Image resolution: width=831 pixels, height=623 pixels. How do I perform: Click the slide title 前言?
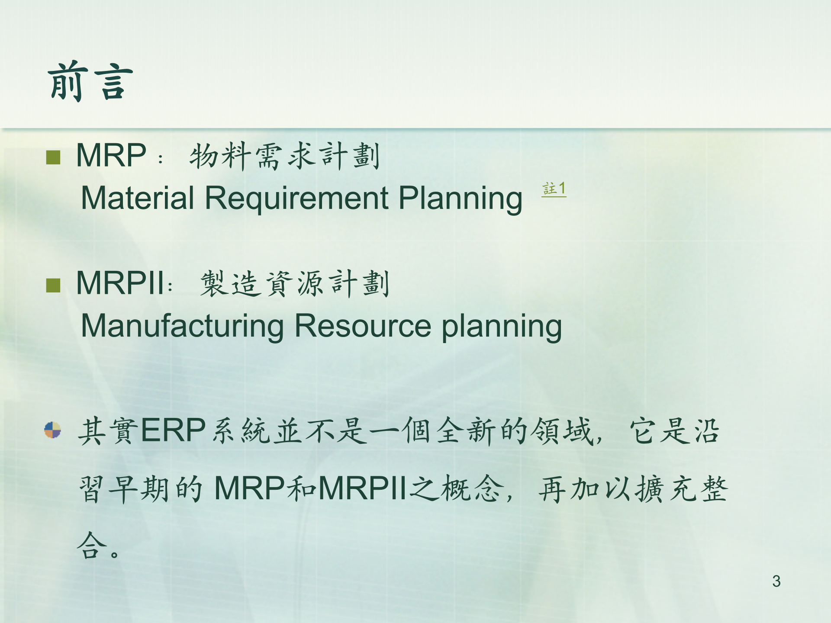tap(90, 81)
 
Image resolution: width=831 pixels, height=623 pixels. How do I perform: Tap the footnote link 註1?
tap(554, 189)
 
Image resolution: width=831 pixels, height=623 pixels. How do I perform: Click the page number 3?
tap(776, 581)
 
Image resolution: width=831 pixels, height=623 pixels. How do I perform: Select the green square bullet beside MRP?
tap(53, 157)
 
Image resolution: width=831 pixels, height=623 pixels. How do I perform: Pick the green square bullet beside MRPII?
tap(53, 285)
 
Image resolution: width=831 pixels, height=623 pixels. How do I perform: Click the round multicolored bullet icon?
tap(53, 430)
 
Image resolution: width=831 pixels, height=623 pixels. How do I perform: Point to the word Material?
tap(138, 198)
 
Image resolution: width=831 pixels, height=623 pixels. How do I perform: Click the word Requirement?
tap(296, 198)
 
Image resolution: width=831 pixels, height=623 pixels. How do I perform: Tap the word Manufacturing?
tap(182, 327)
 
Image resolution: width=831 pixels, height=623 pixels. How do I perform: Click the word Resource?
tap(363, 326)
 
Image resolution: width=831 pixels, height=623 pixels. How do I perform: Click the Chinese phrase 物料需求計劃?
tap(285, 156)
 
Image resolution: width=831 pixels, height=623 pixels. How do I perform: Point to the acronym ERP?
tap(173, 430)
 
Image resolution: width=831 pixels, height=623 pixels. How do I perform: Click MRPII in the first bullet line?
tap(120, 283)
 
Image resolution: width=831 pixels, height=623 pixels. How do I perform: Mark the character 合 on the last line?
tap(92, 546)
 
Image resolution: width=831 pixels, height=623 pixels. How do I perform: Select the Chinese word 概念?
tap(472, 488)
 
